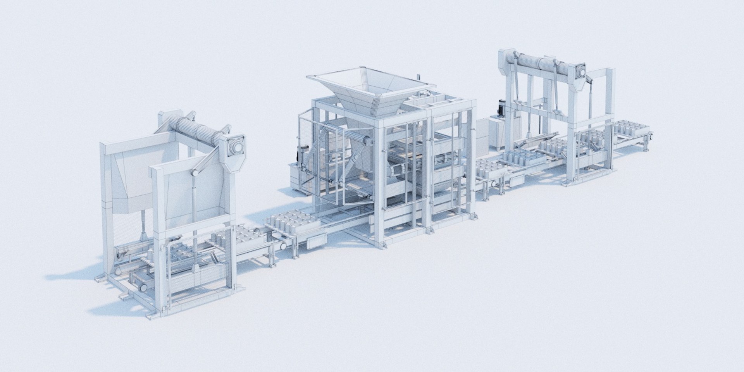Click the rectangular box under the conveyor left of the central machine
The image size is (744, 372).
click(x=316, y=243)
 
